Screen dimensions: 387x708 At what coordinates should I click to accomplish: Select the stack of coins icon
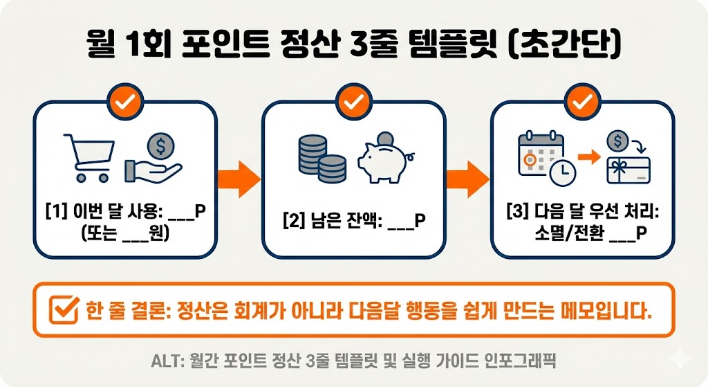(322, 157)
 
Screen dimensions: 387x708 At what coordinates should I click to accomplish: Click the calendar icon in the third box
(542, 158)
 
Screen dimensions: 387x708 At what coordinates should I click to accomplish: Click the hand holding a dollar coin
(153, 159)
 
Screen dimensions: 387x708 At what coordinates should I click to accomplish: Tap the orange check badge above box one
(125, 102)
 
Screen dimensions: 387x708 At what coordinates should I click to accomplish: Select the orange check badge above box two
(353, 102)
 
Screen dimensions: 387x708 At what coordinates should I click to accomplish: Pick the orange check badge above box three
(582, 102)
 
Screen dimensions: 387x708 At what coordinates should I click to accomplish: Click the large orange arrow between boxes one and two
(238, 179)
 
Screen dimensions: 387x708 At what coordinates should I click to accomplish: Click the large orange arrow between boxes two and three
(467, 179)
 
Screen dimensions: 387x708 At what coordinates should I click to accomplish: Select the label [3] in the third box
(516, 213)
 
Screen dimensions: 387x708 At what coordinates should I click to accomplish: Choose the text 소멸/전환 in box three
(557, 234)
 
